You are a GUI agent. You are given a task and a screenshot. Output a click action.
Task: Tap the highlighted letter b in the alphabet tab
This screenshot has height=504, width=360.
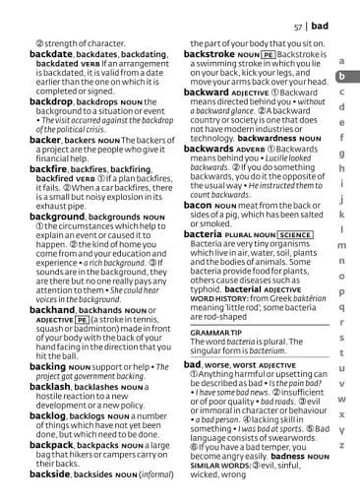coord(341,77)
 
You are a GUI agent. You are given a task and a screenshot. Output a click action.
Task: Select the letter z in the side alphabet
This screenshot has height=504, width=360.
coord(341,444)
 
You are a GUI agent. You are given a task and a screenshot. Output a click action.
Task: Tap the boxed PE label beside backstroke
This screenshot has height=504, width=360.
coord(268,56)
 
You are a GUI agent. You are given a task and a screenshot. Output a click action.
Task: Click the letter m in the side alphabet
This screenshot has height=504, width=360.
coord(341,245)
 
